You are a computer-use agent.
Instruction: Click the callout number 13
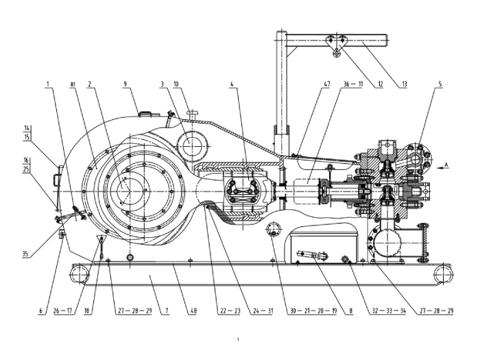click(405, 84)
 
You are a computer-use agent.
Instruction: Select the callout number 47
click(327, 84)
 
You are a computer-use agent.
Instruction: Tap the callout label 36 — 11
click(352, 84)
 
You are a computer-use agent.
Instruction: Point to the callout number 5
click(440, 84)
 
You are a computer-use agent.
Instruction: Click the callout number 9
click(125, 84)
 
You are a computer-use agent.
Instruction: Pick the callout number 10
click(176, 84)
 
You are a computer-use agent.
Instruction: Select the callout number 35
click(25, 254)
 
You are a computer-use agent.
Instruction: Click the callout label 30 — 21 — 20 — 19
click(313, 311)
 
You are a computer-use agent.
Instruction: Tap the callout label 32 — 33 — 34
click(389, 311)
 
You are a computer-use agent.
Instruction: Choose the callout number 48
click(193, 311)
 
